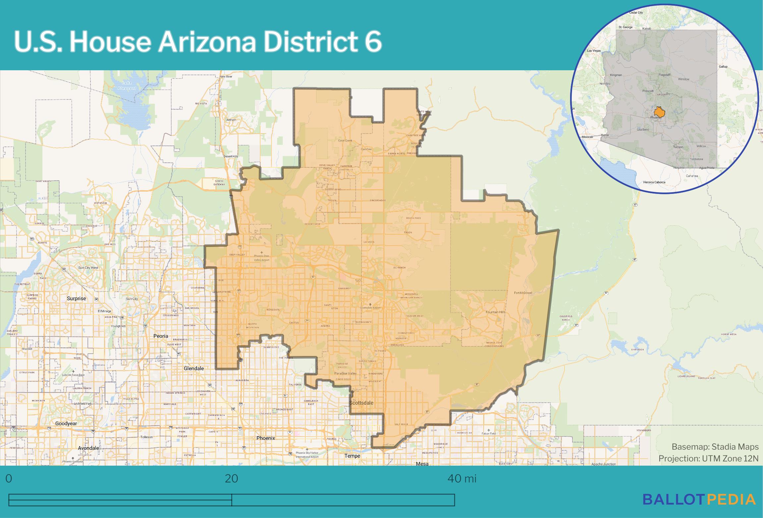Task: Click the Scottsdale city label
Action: (361, 403)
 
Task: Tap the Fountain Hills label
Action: (495, 312)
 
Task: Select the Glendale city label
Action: (194, 368)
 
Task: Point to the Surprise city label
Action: (76, 298)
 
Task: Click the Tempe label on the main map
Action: (352, 456)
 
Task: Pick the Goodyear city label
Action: (66, 424)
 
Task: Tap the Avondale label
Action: (88, 448)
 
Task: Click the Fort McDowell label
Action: (523, 293)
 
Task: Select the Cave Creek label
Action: (345, 141)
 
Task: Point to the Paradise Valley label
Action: (345, 374)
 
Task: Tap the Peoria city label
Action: (161, 336)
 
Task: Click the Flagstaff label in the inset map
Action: (664, 75)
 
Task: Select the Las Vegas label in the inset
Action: (594, 51)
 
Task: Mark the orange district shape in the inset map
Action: (659, 112)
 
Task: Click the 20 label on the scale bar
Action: (231, 479)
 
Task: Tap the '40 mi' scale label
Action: (462, 479)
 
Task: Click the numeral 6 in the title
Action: (374, 42)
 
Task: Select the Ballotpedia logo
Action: (699, 499)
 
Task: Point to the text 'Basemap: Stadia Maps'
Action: (715, 447)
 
